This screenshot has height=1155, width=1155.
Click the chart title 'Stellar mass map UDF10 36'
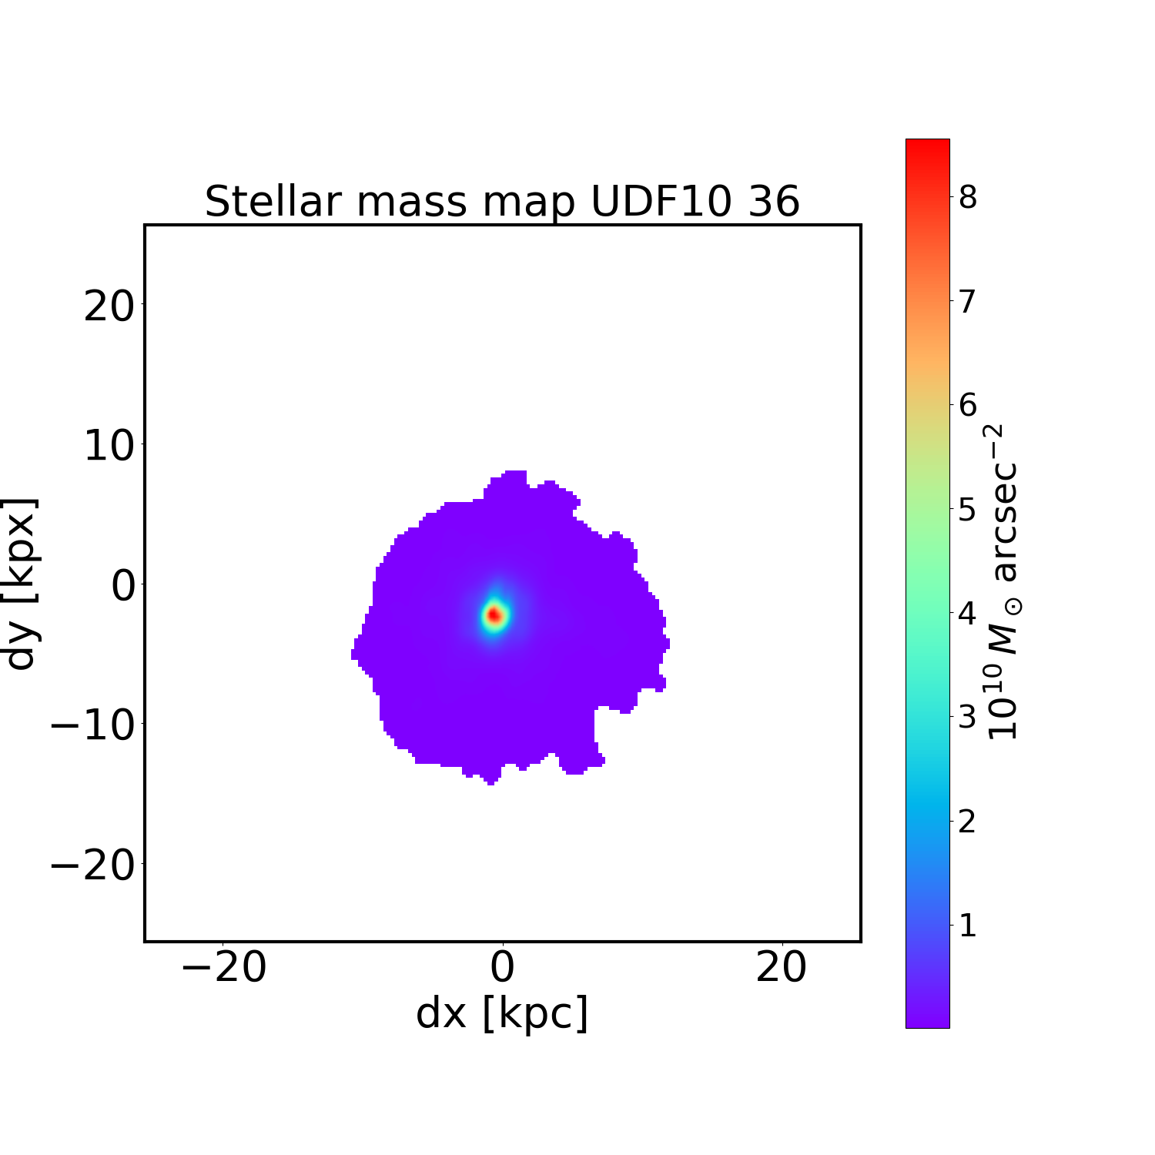(x=502, y=202)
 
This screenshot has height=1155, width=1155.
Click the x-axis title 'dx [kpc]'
(x=502, y=1013)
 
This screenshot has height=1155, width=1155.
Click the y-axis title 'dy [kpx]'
(x=21, y=584)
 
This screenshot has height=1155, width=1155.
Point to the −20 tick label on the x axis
(x=223, y=968)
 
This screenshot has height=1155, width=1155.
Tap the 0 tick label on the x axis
(x=502, y=968)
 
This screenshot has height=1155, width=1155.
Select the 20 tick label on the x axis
(x=782, y=968)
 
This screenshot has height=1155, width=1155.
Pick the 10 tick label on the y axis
(x=109, y=446)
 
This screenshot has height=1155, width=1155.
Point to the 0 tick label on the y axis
(x=123, y=586)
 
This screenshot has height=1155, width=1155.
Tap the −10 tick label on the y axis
(x=94, y=726)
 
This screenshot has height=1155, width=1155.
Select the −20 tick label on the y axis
(x=94, y=865)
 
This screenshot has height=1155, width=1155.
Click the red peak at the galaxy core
(x=494, y=615)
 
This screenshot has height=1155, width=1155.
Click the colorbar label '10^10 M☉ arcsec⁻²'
(x=1003, y=583)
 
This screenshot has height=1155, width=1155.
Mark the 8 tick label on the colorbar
(x=967, y=197)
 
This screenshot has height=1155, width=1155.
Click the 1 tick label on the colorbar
(x=967, y=925)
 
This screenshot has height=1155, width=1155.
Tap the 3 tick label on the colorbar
(x=967, y=717)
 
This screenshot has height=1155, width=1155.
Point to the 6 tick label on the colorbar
(x=967, y=405)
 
